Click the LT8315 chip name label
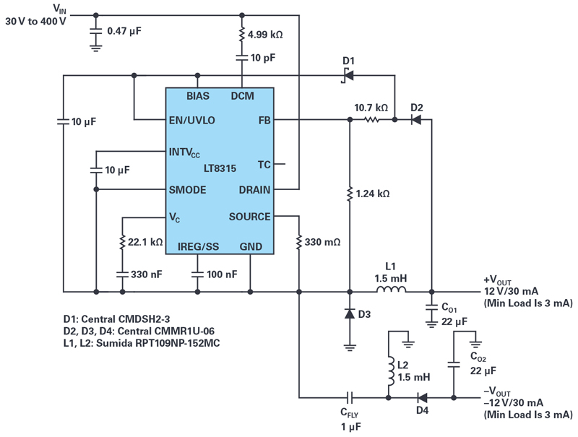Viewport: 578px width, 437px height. click(220, 168)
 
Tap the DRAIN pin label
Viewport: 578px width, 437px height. click(254, 190)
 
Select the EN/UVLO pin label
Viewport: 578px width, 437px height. click(191, 120)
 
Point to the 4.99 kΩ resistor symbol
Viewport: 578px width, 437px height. click(242, 34)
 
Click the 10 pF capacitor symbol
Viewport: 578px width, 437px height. click(242, 58)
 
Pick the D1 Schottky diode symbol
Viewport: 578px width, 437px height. click(348, 76)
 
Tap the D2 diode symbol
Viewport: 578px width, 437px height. click(416, 120)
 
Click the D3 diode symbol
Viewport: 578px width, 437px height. click(350, 314)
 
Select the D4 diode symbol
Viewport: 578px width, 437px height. click(422, 398)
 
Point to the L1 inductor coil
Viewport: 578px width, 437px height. click(391, 290)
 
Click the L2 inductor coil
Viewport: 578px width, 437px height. click(391, 371)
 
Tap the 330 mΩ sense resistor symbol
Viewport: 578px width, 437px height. click(299, 242)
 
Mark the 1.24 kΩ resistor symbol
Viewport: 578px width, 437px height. click(350, 194)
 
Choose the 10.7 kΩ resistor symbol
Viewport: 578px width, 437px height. click(371, 120)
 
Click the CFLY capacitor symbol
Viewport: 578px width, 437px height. click(350, 398)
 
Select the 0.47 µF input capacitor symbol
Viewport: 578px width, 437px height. click(96, 31)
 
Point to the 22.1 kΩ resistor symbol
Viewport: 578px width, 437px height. click(122, 242)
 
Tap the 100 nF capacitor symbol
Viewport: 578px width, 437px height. click(197, 274)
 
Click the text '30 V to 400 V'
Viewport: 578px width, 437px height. click(35, 22)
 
